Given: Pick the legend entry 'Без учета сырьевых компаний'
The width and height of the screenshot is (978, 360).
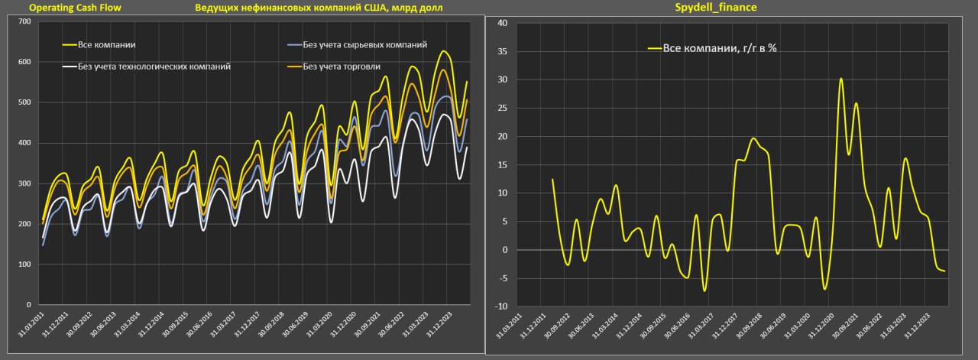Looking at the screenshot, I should click(365, 46).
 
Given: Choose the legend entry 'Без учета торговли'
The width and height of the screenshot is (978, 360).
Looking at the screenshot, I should click(340, 66).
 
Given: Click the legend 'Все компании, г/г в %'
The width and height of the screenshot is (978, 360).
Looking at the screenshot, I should click(719, 47).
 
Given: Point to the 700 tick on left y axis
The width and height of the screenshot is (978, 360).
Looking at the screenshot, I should click(24, 21).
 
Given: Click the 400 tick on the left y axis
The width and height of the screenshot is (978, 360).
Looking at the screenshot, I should click(24, 143).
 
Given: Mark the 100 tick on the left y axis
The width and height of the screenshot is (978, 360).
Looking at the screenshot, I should click(24, 264).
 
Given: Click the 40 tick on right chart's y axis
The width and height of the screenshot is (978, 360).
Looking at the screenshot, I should click(502, 23).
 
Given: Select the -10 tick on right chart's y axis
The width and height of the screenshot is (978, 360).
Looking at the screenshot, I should click(500, 306).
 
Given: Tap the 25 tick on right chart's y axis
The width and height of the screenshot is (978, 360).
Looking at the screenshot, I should click(502, 108).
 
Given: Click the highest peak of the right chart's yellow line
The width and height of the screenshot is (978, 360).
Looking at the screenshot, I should click(840, 78).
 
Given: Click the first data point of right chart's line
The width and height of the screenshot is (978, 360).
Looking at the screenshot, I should click(552, 180).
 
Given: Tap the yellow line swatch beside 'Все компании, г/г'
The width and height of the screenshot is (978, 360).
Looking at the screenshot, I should click(654, 47).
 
